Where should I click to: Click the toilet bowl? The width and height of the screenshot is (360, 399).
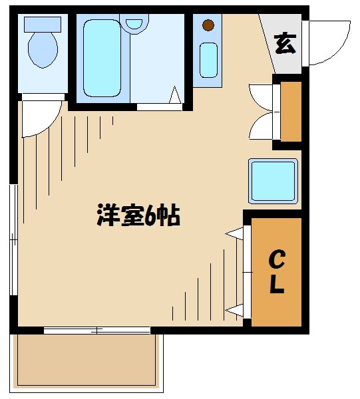[42, 52]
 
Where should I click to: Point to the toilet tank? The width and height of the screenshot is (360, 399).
[42, 24]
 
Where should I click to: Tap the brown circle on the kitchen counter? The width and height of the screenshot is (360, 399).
[208, 26]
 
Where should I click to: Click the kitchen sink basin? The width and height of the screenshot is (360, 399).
[209, 59]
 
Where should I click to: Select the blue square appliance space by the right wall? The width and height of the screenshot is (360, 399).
[273, 180]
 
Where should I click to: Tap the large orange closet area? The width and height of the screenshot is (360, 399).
[277, 271]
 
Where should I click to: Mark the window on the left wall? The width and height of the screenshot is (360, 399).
[13, 239]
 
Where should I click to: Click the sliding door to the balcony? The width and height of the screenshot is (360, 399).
[97, 330]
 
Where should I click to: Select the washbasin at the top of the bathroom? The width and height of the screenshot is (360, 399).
[135, 23]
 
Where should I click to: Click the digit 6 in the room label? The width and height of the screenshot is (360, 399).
[152, 215]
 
